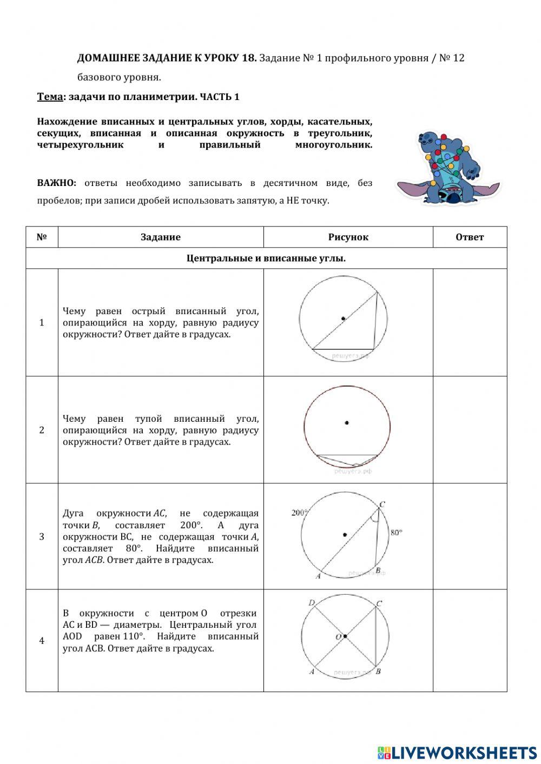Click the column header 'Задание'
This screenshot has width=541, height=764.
click(x=160, y=237)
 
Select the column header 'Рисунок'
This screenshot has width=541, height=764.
click(x=348, y=237)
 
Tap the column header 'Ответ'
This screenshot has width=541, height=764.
click(x=470, y=237)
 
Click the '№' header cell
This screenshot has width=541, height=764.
click(x=42, y=237)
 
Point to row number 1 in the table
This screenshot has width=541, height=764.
click(x=42, y=322)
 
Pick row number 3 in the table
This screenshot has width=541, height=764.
click(x=42, y=536)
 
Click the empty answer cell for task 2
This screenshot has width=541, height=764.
click(x=470, y=430)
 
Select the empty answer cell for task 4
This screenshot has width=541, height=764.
click(x=470, y=641)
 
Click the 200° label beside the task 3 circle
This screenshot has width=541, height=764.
click(x=300, y=513)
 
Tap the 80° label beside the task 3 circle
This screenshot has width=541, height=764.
click(x=397, y=533)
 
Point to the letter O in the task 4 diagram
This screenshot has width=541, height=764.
click(x=338, y=637)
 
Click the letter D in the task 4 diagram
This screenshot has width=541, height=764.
click(x=311, y=603)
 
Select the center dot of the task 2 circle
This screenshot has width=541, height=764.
click(x=347, y=422)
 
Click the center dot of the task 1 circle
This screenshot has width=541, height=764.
click(x=343, y=318)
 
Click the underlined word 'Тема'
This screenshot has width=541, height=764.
click(x=50, y=97)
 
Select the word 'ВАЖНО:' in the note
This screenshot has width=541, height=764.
click(x=57, y=183)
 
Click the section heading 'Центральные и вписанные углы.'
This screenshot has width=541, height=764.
click(x=266, y=258)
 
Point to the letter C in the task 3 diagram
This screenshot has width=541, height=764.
click(x=382, y=504)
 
